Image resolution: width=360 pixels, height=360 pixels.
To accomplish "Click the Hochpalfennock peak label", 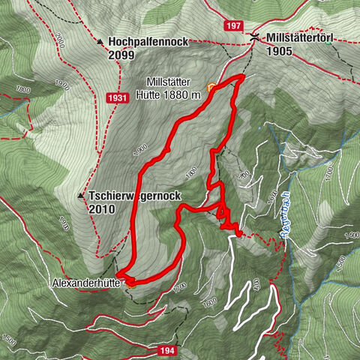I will (x=147, y=42).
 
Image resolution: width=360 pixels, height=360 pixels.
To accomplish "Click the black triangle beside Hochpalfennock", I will (x=100, y=43).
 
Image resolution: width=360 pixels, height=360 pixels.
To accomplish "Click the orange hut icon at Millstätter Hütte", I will (x=211, y=87).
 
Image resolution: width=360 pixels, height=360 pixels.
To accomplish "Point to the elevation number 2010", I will (x=101, y=209).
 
